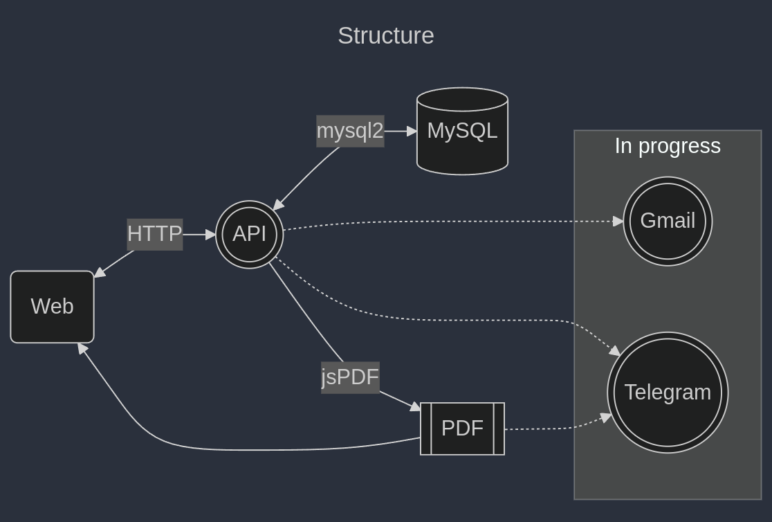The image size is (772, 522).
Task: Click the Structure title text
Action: pyautogui.click(x=385, y=36)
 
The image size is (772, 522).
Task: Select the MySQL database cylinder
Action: pyautogui.click(x=462, y=131)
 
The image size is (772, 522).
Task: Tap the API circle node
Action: pyautogui.click(x=250, y=235)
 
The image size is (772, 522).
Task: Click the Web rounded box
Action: pyautogui.click(x=52, y=307)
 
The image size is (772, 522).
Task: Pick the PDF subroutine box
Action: pyautogui.click(x=462, y=429)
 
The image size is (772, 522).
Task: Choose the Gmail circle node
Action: pyautogui.click(x=668, y=221)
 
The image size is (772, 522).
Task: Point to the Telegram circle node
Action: pyautogui.click(x=668, y=393)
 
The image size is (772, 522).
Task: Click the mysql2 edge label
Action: pyautogui.click(x=350, y=131)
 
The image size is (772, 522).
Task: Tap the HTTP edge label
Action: pyautogui.click(x=154, y=234)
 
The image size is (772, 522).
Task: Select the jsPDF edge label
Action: pyautogui.click(x=350, y=377)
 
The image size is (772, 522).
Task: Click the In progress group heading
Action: pyautogui.click(x=668, y=146)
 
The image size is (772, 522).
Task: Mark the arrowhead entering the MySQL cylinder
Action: pyautogui.click(x=412, y=131)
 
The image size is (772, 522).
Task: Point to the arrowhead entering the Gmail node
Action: pyautogui.click(x=618, y=222)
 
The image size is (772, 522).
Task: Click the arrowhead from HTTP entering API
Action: pyautogui.click(x=211, y=235)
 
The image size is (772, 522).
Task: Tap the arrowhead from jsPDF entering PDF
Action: pyautogui.click(x=415, y=406)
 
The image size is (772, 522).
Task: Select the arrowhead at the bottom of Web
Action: pyautogui.click(x=82, y=348)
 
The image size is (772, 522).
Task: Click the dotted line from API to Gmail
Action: pyautogui.click(x=450, y=222)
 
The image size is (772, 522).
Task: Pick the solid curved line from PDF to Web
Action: pyautogui.click(x=242, y=450)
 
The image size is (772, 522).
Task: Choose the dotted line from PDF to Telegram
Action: pyautogui.click(x=553, y=429)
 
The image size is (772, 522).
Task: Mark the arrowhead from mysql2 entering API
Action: pyautogui.click(x=278, y=205)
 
